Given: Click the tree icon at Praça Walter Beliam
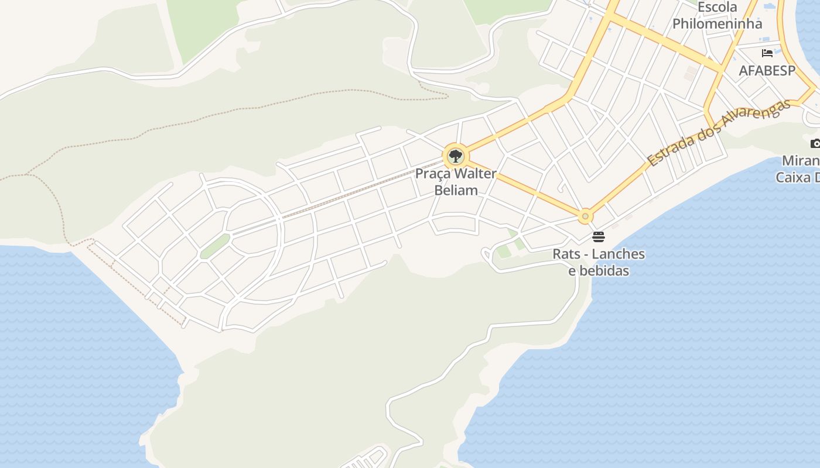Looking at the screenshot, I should pos(455,156).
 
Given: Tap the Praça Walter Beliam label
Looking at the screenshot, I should pos(456,182).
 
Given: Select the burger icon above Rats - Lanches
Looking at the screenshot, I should pos(598,237).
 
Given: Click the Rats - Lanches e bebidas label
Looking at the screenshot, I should pos(599,262).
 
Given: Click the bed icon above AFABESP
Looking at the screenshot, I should pos(767,53).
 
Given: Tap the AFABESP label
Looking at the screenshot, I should pos(767,71).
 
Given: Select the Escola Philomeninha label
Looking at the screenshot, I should pos(717,16).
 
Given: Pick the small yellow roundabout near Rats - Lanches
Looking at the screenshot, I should pos(585,216).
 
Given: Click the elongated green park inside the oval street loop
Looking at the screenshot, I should pos(214,246).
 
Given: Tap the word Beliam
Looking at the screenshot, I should pos(456,190).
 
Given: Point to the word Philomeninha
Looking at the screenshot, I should pos(717,24).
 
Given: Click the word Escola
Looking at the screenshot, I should pos(717,8).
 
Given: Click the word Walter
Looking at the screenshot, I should pos(474,174).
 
